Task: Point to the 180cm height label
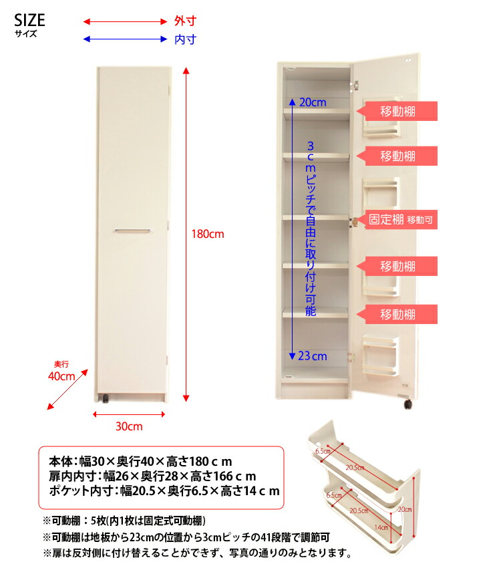(208, 235)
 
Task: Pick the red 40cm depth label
(61, 376)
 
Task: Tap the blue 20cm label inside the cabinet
(313, 102)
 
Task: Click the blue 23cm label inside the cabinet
(313, 356)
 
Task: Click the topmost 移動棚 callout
(399, 111)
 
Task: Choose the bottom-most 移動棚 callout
(399, 314)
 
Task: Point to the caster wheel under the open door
(405, 404)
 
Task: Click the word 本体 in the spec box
(62, 462)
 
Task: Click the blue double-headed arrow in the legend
(125, 39)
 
